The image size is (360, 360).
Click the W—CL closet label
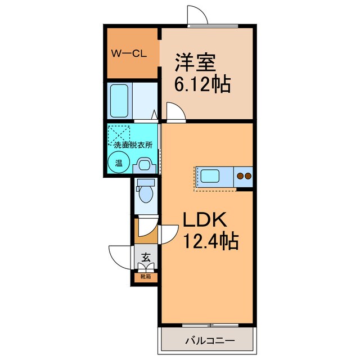tap(129, 54)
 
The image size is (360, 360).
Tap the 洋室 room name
tap(196, 62)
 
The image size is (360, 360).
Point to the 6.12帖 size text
tap(202, 84)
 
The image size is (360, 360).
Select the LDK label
tap(205, 220)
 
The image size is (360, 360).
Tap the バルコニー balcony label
tap(210, 340)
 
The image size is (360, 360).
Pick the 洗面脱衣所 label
tap(133, 145)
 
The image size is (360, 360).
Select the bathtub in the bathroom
tap(119, 101)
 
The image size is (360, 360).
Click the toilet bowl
tap(146, 193)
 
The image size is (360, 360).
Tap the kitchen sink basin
tap(210, 176)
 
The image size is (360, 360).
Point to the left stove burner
tap(240, 176)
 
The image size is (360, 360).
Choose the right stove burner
tap(248, 176)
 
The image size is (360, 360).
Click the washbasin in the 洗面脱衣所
tap(145, 165)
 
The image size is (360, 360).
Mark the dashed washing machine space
tap(119, 134)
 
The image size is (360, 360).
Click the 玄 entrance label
tap(146, 257)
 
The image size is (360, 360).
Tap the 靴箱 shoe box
tap(146, 277)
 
